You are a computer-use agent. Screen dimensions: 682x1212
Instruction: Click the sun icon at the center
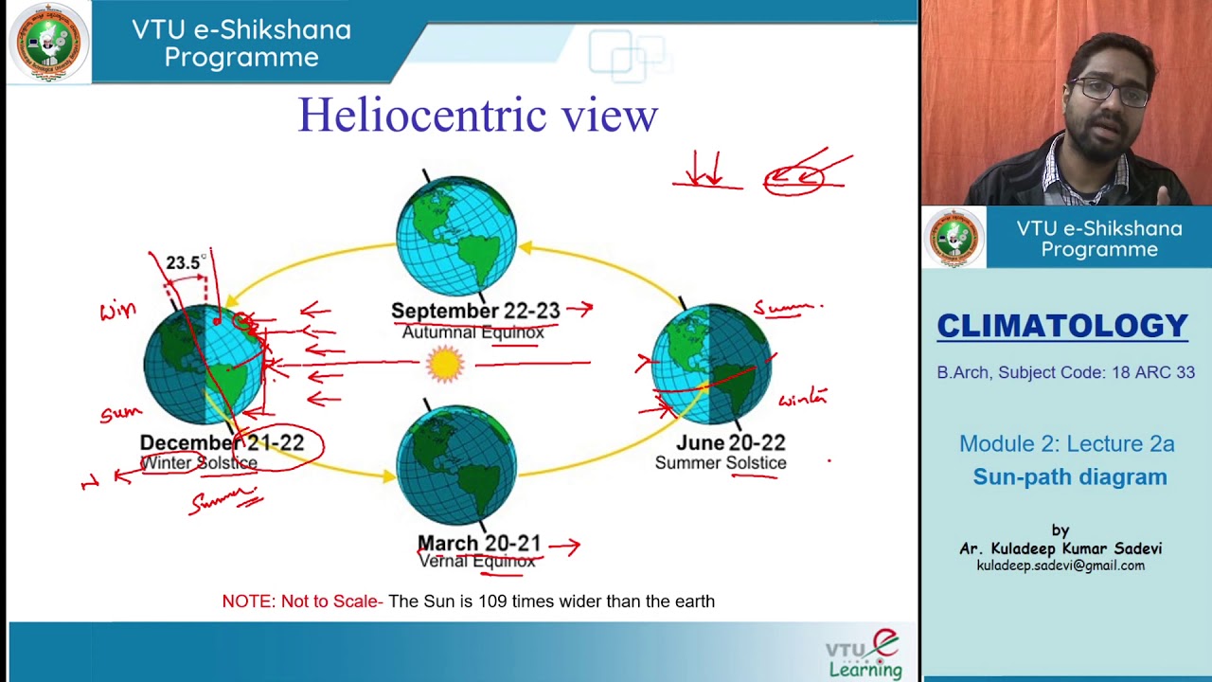click(x=444, y=364)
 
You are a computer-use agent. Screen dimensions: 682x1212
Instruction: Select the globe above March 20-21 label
click(x=456, y=464)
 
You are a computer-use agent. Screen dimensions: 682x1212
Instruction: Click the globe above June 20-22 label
click(x=712, y=365)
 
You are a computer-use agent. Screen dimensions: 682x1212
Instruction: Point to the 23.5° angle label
click(x=185, y=262)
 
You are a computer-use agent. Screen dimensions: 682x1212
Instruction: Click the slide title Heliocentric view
click(x=477, y=116)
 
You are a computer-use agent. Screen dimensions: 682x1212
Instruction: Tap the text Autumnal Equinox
click(x=472, y=332)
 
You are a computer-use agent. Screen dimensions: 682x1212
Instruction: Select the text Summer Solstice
click(x=720, y=463)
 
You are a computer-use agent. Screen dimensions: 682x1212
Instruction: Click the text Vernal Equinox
click(x=476, y=561)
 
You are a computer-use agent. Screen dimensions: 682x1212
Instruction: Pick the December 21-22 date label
click(x=222, y=442)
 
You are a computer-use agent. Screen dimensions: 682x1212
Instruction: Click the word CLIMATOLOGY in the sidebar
click(x=1061, y=326)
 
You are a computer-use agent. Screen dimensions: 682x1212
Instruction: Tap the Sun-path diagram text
click(x=1070, y=477)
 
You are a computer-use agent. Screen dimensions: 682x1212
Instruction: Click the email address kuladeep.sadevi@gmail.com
click(x=1060, y=565)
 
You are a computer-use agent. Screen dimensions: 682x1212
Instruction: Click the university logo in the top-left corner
click(x=48, y=43)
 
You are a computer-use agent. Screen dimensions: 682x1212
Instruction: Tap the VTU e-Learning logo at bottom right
click(x=864, y=655)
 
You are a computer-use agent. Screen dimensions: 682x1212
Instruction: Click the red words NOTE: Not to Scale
click(x=302, y=601)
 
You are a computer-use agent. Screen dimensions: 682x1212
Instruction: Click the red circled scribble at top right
click(x=795, y=178)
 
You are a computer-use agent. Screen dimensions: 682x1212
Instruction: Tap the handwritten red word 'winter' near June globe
click(x=803, y=399)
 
